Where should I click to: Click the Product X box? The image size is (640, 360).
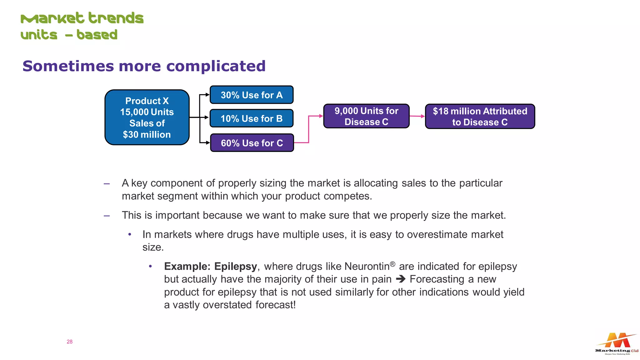click(x=147, y=117)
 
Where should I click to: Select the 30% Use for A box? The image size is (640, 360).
click(x=252, y=95)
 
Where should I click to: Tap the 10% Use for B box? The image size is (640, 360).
click(x=252, y=118)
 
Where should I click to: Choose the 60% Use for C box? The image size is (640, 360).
click(x=252, y=143)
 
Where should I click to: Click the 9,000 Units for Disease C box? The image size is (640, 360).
click(x=366, y=116)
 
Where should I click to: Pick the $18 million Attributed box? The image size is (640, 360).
click(x=480, y=117)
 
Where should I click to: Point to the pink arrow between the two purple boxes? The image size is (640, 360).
click(x=417, y=116)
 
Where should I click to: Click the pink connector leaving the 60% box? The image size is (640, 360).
click(x=308, y=131)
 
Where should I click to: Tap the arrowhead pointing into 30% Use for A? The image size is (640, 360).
click(x=207, y=95)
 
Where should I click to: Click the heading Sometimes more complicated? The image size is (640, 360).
click(x=144, y=66)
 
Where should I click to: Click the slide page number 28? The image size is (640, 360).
click(x=69, y=342)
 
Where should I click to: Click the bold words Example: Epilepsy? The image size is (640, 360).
click(x=210, y=267)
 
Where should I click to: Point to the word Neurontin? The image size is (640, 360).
click(x=367, y=267)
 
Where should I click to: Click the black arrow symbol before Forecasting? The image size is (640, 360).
click(x=400, y=279)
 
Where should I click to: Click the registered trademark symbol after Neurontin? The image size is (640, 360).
click(x=392, y=264)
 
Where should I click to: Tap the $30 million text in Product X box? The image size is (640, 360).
click(x=147, y=135)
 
